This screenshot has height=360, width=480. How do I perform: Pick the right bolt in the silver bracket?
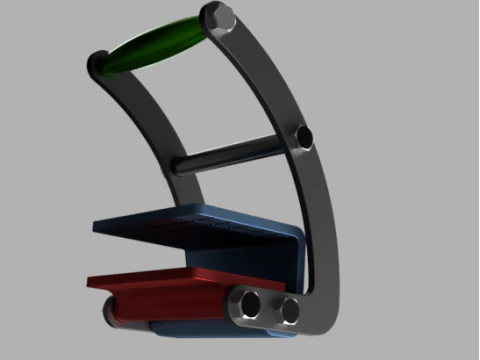[x=291, y=311]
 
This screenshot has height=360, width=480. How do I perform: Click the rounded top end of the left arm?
[x=98, y=64]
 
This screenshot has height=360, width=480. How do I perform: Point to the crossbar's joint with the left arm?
[x=180, y=164]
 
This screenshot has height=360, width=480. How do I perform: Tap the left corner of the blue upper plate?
[x=95, y=226]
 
